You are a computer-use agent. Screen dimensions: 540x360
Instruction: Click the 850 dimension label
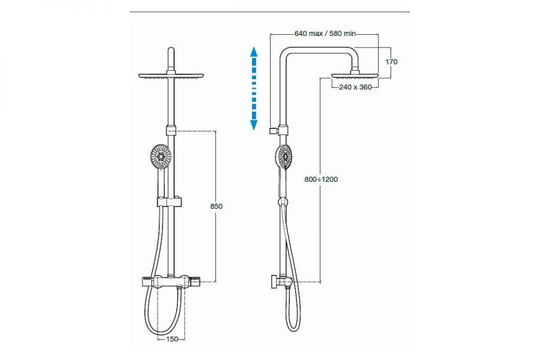216,206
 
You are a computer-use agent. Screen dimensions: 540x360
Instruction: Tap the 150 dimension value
172,339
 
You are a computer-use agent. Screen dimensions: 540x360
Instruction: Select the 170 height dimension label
391,62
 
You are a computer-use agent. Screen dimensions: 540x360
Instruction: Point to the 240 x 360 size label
355,87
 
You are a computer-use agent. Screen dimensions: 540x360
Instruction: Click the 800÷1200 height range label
321,179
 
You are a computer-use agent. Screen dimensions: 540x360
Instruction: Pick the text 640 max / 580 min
325,34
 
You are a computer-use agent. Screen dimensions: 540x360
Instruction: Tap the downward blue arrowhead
254,125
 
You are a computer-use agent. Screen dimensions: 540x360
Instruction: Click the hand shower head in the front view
161,157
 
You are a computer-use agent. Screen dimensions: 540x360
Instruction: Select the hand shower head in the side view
284,157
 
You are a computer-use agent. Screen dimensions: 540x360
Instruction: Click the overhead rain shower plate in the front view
171,76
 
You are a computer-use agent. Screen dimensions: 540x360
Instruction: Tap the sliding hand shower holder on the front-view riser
169,202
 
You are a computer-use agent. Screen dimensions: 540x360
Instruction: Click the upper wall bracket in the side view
274,131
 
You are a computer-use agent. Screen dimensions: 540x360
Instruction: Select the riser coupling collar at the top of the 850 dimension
171,131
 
